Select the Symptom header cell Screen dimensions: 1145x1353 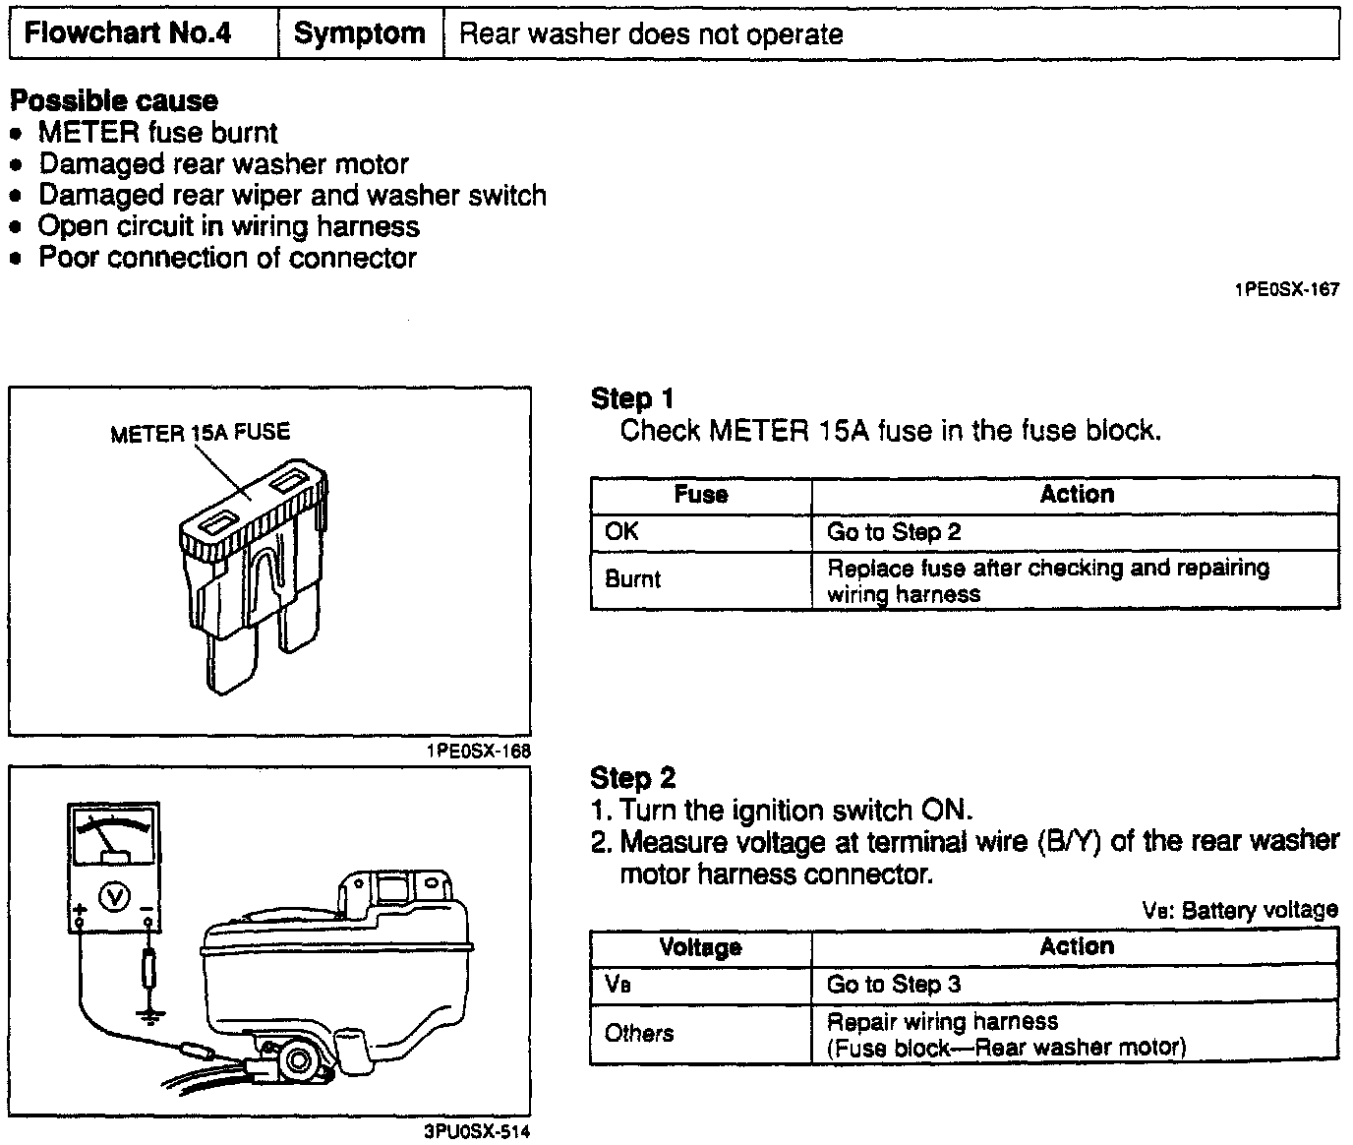(x=360, y=34)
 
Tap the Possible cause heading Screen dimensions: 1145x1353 (x=114, y=101)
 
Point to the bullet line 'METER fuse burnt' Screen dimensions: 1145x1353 (x=157, y=133)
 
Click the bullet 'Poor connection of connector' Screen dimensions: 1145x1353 (x=227, y=259)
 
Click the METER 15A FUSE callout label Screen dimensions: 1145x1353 (x=200, y=433)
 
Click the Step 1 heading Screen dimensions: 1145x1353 (x=632, y=398)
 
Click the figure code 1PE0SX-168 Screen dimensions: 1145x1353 (x=478, y=752)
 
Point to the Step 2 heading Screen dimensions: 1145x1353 (x=633, y=778)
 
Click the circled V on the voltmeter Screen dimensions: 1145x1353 (x=116, y=896)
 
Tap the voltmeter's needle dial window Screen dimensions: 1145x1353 (x=112, y=836)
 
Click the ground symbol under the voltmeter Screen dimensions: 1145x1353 (x=148, y=1014)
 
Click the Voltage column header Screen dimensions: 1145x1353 (x=700, y=947)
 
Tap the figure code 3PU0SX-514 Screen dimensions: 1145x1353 (x=478, y=1131)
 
